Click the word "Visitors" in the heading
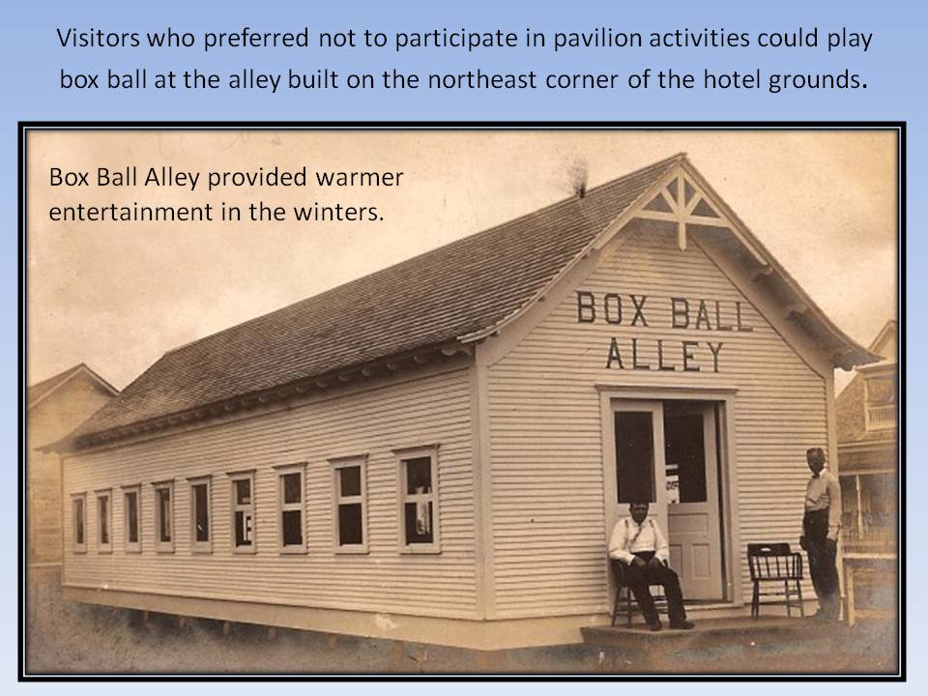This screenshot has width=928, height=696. coord(99,39)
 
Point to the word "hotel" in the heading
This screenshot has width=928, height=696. coord(731,79)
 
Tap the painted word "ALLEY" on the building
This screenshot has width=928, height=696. coord(664,354)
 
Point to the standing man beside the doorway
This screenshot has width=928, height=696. coord(821,533)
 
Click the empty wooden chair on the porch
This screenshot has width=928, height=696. coord(775,577)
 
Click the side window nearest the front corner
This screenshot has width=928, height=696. coord(418,501)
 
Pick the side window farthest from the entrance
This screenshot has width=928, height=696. coord(78,522)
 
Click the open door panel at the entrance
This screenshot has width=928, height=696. coord(694,503)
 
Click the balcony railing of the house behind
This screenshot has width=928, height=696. coord(882,418)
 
